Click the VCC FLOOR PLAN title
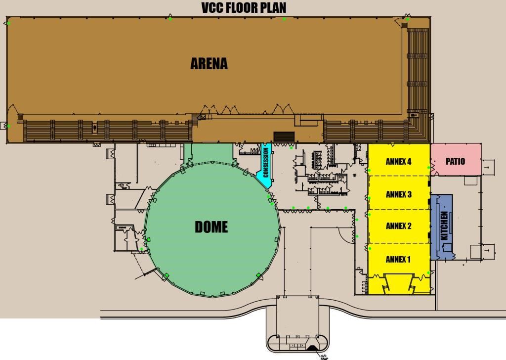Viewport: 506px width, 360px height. pyautogui.click(x=244, y=8)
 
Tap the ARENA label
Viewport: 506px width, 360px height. pyautogui.click(x=209, y=64)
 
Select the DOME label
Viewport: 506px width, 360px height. pyautogui.click(x=211, y=227)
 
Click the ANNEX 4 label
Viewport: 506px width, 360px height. pyautogui.click(x=399, y=162)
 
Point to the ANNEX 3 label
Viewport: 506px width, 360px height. pyautogui.click(x=399, y=194)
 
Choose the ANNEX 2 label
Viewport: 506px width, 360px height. pyautogui.click(x=399, y=226)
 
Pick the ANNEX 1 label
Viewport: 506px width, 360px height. pyautogui.click(x=398, y=259)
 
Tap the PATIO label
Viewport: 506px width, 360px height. pyautogui.click(x=455, y=162)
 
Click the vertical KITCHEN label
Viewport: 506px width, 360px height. pyautogui.click(x=444, y=226)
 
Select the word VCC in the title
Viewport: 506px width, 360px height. pyautogui.click(x=212, y=8)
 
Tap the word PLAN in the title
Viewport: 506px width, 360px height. pyautogui.click(x=273, y=8)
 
